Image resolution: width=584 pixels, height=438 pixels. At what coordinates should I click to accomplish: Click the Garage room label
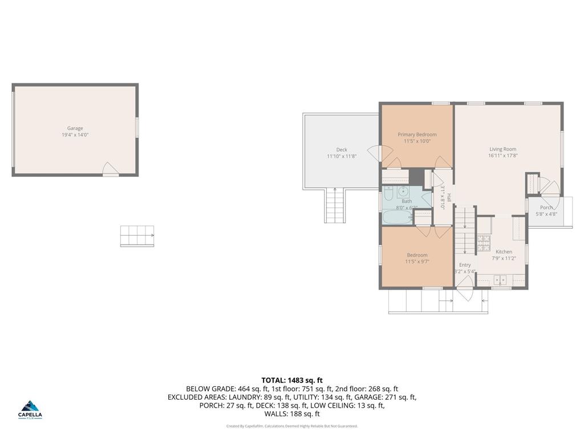[x=75, y=128]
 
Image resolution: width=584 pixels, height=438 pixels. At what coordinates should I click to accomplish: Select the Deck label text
[x=342, y=149]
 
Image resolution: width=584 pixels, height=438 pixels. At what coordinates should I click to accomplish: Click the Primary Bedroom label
[x=417, y=135]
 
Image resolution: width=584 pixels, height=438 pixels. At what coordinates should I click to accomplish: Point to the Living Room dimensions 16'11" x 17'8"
[x=502, y=156]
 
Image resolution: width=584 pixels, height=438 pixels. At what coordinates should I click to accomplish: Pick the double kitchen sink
[x=501, y=279]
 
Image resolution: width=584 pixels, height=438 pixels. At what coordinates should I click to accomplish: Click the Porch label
[x=546, y=208]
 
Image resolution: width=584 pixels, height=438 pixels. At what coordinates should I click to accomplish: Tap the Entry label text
[x=465, y=265]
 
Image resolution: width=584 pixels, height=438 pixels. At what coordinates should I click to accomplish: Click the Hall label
[x=449, y=198]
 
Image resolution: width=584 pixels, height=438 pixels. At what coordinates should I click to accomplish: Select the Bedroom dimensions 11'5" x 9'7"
[x=417, y=262]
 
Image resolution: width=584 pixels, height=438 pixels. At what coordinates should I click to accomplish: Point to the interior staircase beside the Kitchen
[x=465, y=231]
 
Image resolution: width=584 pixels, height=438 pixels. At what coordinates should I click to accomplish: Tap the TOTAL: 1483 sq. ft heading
[x=292, y=380]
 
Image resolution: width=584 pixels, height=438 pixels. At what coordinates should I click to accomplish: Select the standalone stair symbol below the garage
[x=137, y=236]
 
